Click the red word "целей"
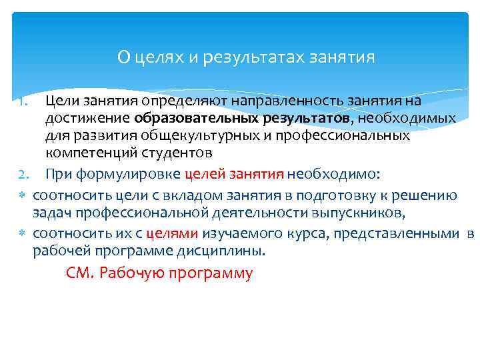click(203, 175)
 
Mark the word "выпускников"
click(363, 213)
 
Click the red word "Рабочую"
click(131, 274)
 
